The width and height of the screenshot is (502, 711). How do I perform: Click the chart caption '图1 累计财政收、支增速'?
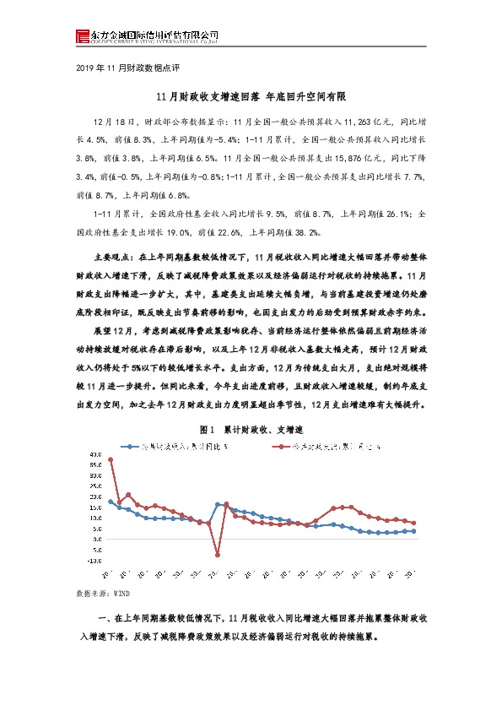(251, 430)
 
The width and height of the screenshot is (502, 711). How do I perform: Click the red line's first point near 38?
(111, 459)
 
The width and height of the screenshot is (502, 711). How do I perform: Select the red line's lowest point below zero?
(218, 555)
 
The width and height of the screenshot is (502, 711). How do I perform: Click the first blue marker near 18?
(111, 502)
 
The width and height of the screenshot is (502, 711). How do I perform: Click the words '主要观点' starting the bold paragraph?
(110, 254)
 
